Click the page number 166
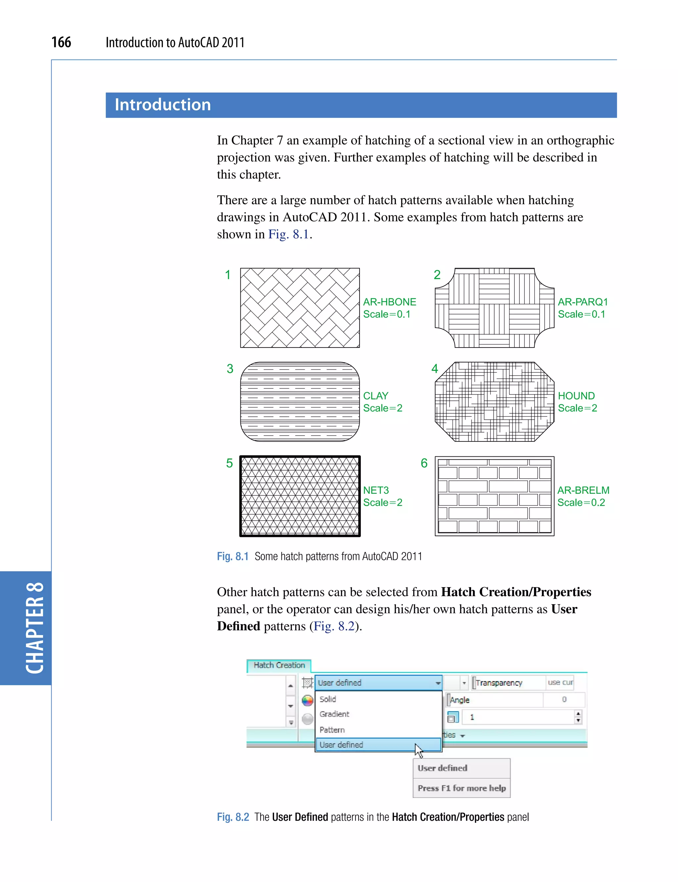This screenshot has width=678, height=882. coord(61,42)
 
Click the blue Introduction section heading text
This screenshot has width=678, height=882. coord(163,105)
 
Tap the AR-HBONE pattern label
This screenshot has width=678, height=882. coord(389,302)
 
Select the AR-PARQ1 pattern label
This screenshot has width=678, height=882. coord(583,302)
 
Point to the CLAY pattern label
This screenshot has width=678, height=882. coord(376,396)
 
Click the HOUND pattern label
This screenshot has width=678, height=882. coord(576,396)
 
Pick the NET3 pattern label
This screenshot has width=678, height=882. coord(376,490)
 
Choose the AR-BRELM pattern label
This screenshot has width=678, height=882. coord(583,490)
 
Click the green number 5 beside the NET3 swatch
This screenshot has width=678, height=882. coord(229,463)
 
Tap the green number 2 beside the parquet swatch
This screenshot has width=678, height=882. coord(437,275)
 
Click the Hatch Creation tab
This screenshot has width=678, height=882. coord(279,665)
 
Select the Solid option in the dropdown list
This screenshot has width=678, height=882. coord(328,699)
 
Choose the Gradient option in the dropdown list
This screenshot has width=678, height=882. coord(334,714)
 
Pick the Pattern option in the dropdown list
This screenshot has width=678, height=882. coord(332,730)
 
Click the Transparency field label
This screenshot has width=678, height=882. coord(499,683)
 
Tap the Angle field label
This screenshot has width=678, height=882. coord(460,700)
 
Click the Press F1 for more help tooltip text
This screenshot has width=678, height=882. coord(462,788)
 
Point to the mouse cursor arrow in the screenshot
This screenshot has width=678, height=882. coord(418,751)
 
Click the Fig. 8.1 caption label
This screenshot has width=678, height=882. coord(232,556)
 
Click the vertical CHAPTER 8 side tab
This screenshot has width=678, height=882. coord(34,628)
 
